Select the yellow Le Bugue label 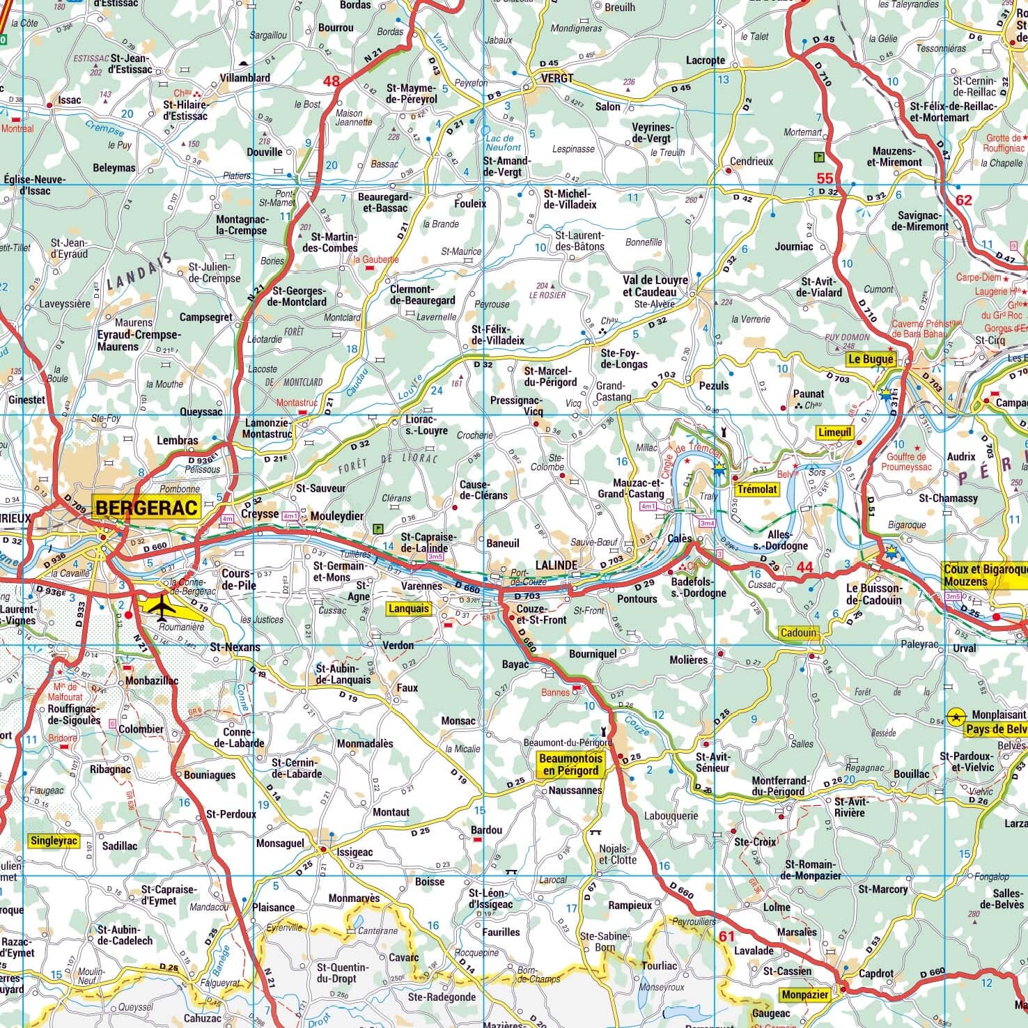tap(869, 359)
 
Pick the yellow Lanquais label tap(409, 608)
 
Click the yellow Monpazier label tap(805, 995)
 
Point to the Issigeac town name tap(355, 852)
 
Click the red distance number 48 tap(332, 81)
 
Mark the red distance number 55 tap(825, 178)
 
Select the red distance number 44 tap(804, 567)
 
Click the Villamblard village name tap(244, 78)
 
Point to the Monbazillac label tap(152, 680)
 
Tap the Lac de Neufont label tap(503, 143)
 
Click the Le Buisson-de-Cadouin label tap(873, 594)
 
